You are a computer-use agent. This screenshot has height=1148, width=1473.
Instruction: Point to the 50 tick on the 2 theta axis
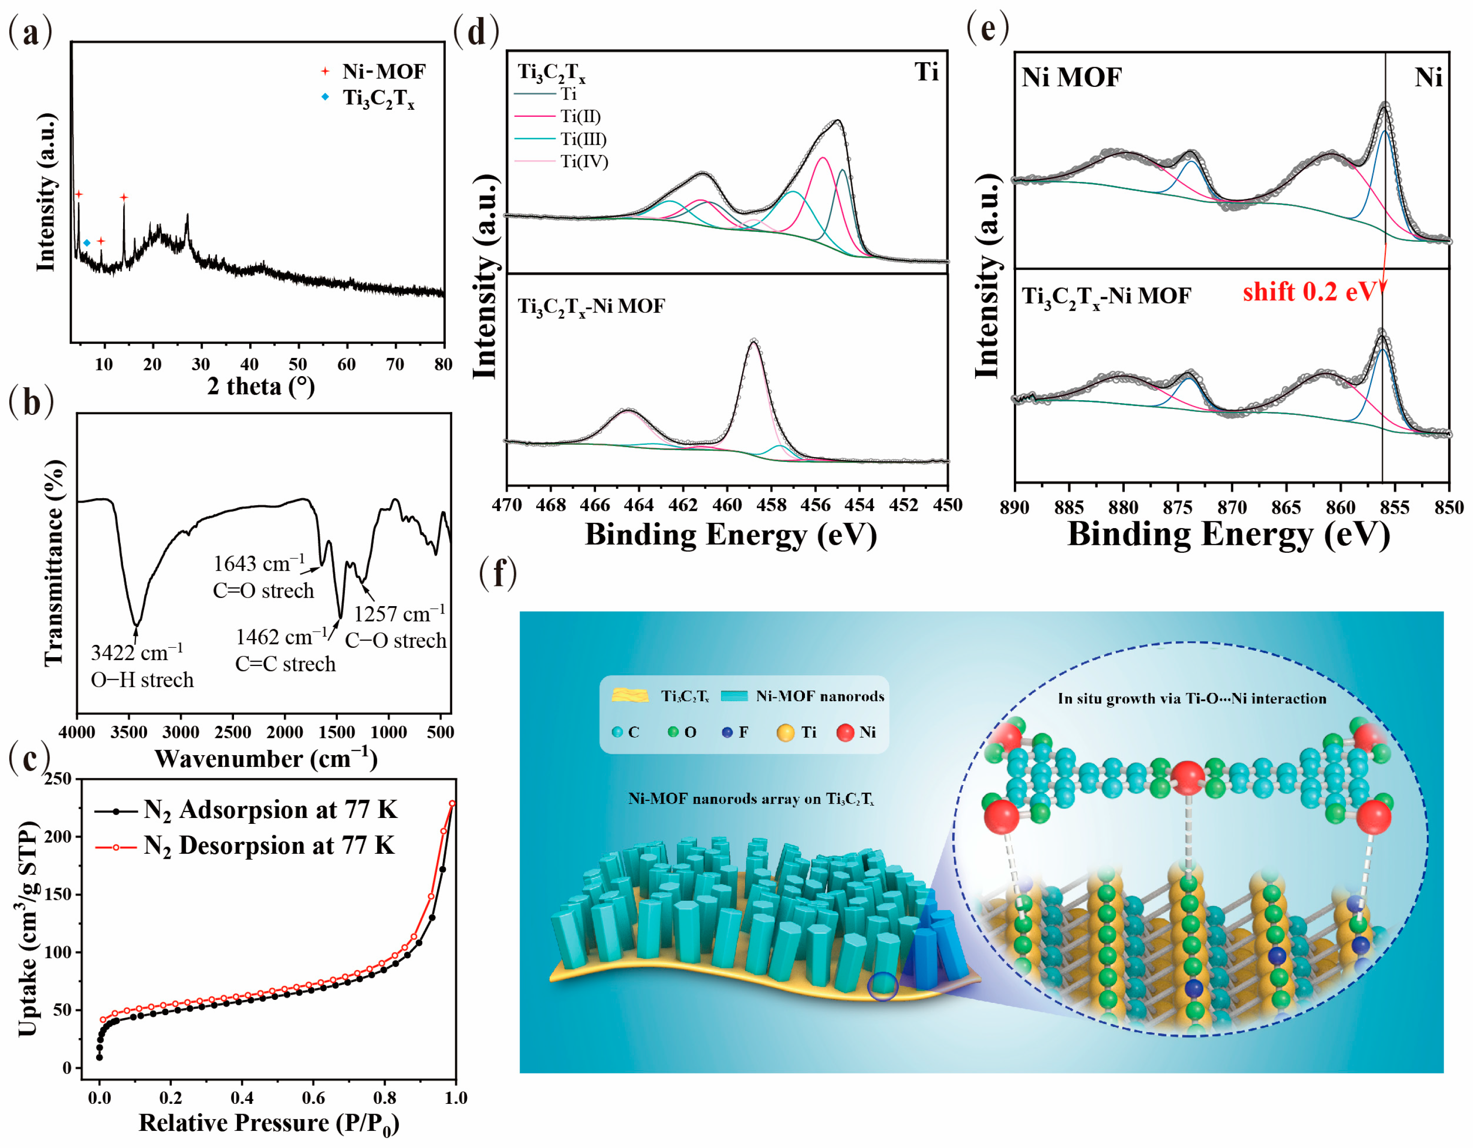[x=297, y=365]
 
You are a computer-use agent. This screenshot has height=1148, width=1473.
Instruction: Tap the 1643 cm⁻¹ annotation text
[x=259, y=563]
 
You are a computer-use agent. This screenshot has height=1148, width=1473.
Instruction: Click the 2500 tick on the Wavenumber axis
[x=233, y=732]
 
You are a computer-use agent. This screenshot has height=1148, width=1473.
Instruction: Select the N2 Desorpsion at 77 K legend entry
[x=268, y=846]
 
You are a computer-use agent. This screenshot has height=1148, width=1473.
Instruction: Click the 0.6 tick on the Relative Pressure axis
[x=313, y=1097]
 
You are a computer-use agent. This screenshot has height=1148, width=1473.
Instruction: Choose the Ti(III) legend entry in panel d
[x=583, y=139]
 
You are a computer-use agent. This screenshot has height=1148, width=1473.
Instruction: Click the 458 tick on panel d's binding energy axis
[x=771, y=505]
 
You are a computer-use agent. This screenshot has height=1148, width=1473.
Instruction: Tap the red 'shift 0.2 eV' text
[x=1309, y=292]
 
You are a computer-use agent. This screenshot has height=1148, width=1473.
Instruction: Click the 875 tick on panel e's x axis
[x=1178, y=507]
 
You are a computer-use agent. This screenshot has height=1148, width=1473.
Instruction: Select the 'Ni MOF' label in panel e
[x=1071, y=77]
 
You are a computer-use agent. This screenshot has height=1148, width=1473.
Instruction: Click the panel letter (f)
[x=498, y=574]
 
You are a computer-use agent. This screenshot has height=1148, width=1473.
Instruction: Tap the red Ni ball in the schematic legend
[x=845, y=733]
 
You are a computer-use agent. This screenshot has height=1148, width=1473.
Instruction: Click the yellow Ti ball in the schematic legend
[x=785, y=733]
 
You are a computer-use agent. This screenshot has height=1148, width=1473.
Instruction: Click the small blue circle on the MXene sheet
[x=883, y=986]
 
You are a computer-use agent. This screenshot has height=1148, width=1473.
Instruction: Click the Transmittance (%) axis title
[x=54, y=563]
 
